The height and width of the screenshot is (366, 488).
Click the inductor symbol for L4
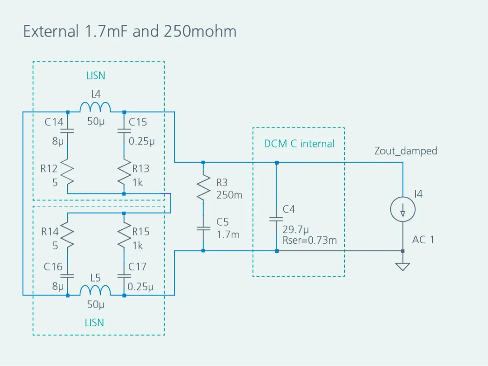(95, 107)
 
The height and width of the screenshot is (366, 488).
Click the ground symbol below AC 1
(402, 266)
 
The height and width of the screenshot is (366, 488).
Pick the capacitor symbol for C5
(203, 228)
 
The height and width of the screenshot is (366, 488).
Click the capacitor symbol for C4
(277, 219)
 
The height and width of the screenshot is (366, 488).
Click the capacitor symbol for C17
(124, 275)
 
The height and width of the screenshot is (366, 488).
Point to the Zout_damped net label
(405, 151)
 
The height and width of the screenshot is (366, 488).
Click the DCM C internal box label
(299, 144)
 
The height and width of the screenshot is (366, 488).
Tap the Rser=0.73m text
(310, 240)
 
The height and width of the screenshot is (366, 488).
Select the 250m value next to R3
(230, 195)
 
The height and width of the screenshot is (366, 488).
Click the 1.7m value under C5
(228, 235)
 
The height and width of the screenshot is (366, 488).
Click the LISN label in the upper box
(95, 76)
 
